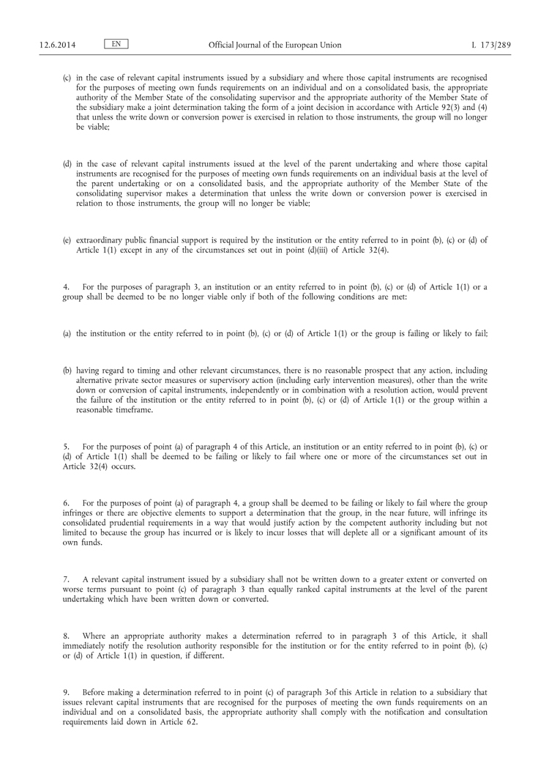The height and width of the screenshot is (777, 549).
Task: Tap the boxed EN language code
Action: (x=116, y=44)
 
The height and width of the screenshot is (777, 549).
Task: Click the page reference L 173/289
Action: (x=491, y=45)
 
